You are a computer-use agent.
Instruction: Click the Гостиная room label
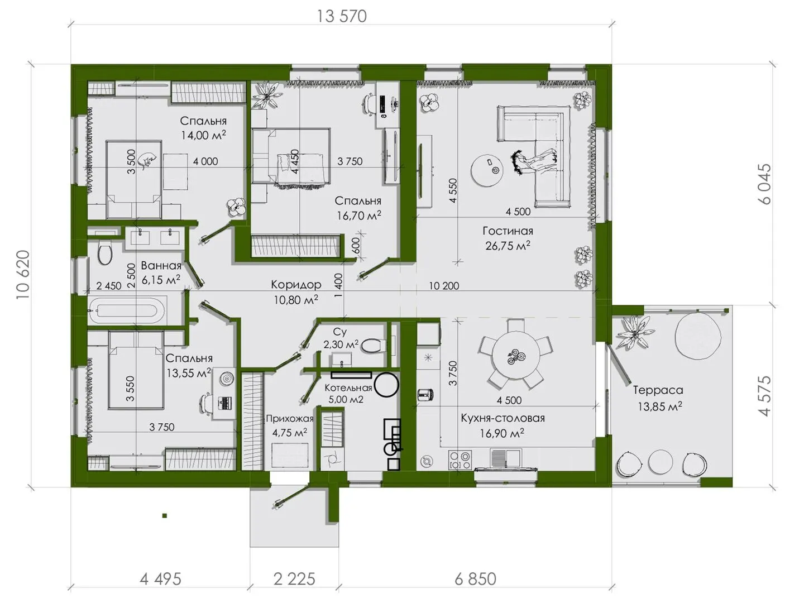508,231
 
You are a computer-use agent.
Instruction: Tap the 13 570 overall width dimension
341,17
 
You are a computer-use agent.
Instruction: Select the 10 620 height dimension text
23,275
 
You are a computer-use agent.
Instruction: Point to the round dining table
516,355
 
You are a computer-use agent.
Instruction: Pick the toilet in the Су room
373,346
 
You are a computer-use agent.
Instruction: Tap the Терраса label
658,390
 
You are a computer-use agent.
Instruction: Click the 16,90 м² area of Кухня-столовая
502,433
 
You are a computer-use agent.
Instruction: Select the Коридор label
296,285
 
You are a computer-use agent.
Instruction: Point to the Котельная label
348,387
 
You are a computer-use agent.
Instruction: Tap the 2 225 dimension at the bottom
294,579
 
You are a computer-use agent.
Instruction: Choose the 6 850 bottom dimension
476,579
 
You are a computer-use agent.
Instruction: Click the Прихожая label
290,419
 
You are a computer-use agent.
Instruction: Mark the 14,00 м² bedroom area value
203,135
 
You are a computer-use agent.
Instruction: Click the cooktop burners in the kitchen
460,460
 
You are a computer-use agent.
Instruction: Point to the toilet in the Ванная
106,252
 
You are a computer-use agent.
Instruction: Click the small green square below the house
165,516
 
